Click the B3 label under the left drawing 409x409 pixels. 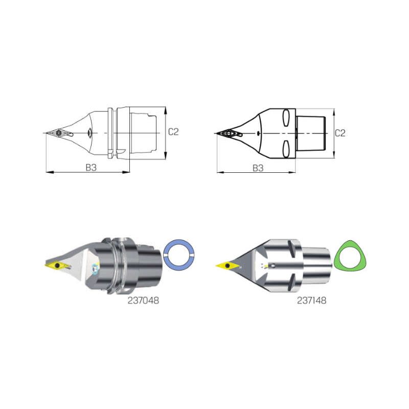[91, 168]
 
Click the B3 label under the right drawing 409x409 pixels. [258, 168]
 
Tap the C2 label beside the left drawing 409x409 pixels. [173, 132]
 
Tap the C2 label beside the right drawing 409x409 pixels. [340, 133]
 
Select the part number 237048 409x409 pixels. [143, 301]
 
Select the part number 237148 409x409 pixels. [312, 301]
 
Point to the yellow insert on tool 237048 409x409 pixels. [57, 266]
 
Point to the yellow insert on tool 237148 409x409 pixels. [228, 265]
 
